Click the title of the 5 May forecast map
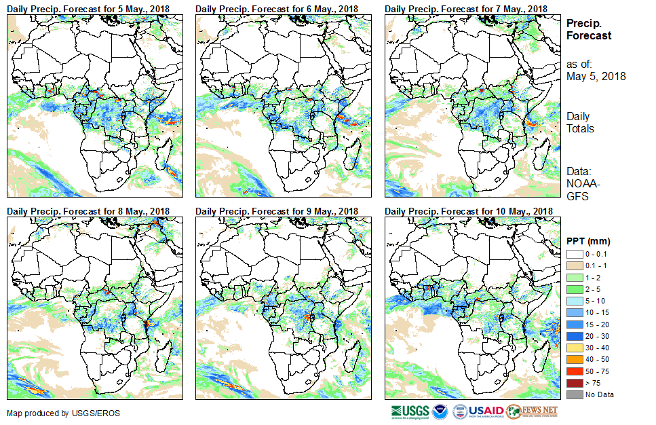(89, 8)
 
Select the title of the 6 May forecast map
(277, 8)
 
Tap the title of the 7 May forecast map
(466, 8)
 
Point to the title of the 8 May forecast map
(89, 212)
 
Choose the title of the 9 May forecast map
(277, 212)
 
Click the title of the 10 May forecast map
(468, 212)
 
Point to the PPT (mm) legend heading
(589, 242)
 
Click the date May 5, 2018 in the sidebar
(596, 77)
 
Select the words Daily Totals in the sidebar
(581, 122)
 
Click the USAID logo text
(486, 411)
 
